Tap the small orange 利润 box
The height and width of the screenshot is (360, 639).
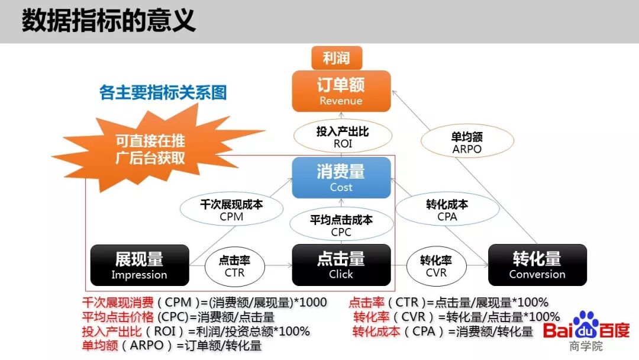click(x=337, y=58)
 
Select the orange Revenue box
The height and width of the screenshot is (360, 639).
click(x=341, y=91)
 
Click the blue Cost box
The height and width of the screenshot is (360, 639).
click(x=341, y=177)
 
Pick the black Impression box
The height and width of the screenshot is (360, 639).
click(x=139, y=265)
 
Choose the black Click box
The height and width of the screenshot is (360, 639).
click(x=341, y=265)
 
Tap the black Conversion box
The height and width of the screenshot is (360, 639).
click(x=537, y=265)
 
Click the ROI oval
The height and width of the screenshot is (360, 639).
click(x=342, y=137)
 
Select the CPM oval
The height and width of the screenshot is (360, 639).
click(x=231, y=210)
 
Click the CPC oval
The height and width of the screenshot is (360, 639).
click(x=341, y=226)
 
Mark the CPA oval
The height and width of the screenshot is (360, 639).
click(x=447, y=210)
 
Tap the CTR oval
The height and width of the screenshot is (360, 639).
click(x=234, y=266)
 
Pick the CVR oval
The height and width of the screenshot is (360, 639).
click(x=436, y=266)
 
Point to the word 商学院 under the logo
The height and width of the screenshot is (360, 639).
click(x=585, y=346)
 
